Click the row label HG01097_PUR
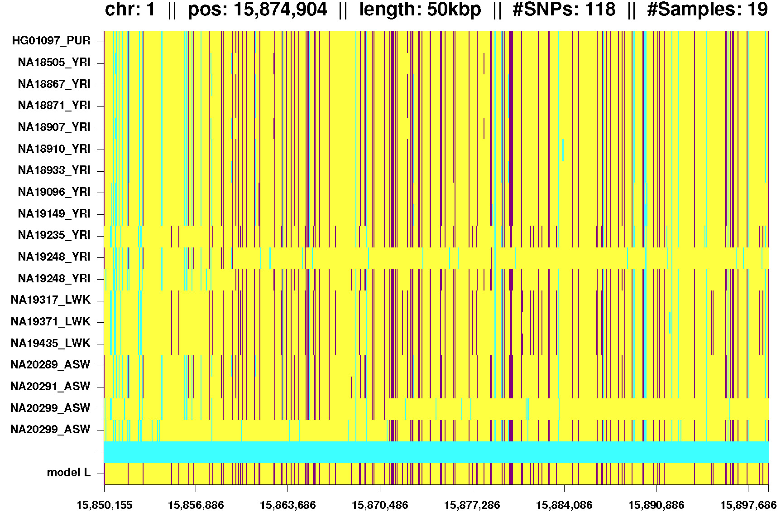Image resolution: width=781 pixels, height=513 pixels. [51, 41]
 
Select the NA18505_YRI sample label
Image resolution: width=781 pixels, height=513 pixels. [54, 63]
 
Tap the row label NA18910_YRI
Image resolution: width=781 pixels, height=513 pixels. [54, 149]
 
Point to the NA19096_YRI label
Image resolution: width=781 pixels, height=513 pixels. [54, 192]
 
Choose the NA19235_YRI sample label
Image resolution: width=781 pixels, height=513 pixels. [54, 235]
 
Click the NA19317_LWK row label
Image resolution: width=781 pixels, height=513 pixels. [50, 300]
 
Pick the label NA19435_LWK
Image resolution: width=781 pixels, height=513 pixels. [50, 343]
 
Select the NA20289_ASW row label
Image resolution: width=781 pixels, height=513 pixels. [50, 365]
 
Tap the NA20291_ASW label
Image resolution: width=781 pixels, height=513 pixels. [50, 387]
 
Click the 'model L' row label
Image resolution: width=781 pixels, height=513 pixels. [69, 473]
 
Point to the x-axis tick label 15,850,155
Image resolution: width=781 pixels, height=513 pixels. [104, 505]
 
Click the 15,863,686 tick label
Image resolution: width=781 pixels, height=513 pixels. [287, 505]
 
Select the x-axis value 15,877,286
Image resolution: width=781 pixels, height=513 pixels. [472, 505]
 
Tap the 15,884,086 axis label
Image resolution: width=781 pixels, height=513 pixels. [564, 505]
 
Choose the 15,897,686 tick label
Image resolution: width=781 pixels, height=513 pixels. [748, 505]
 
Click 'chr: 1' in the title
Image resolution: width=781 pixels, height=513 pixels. [130, 10]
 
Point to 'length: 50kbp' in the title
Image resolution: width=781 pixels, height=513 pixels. [420, 10]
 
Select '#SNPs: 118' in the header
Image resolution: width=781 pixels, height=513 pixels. [564, 10]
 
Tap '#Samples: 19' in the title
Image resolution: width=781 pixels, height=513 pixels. [707, 10]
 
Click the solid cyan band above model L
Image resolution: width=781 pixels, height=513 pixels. [436, 452]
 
